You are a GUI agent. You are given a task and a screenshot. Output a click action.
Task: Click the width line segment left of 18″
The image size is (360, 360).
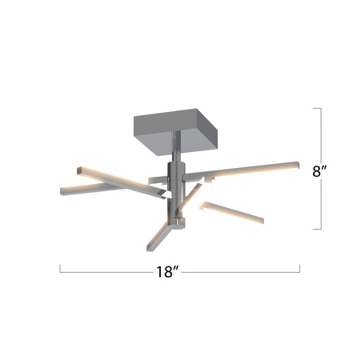(112, 271)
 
